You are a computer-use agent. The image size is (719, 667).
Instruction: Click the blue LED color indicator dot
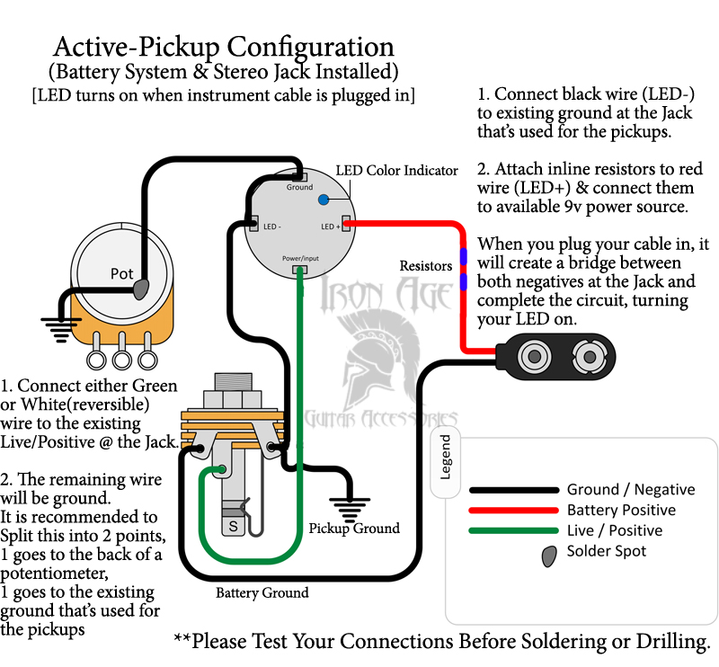[324, 200]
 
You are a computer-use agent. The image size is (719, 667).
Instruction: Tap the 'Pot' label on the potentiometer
[122, 274]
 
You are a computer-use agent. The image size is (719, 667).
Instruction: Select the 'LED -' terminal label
[272, 227]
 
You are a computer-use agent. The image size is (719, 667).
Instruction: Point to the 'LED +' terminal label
[330, 227]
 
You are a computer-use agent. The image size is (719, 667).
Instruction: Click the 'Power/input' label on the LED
[300, 258]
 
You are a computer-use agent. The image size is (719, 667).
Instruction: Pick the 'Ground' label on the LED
[300, 187]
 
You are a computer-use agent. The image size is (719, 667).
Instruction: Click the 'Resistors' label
[426, 265]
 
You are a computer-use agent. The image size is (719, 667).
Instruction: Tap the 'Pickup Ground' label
[354, 528]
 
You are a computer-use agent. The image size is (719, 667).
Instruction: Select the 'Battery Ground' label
[262, 592]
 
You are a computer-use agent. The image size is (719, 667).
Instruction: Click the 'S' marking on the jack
[234, 526]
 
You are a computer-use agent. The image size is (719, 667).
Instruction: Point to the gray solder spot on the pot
[141, 288]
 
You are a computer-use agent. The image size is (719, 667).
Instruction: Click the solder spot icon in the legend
[549, 556]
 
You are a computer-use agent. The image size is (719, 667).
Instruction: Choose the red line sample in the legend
[513, 510]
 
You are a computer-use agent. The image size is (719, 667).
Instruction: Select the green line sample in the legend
[513, 530]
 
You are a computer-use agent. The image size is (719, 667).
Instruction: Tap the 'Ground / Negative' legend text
[631, 490]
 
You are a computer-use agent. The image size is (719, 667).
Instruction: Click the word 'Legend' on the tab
[445, 457]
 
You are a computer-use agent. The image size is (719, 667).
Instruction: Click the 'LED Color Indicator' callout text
[396, 171]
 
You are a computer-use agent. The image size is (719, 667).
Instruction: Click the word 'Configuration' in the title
[310, 48]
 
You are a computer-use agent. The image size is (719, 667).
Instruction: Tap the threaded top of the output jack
[234, 382]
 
